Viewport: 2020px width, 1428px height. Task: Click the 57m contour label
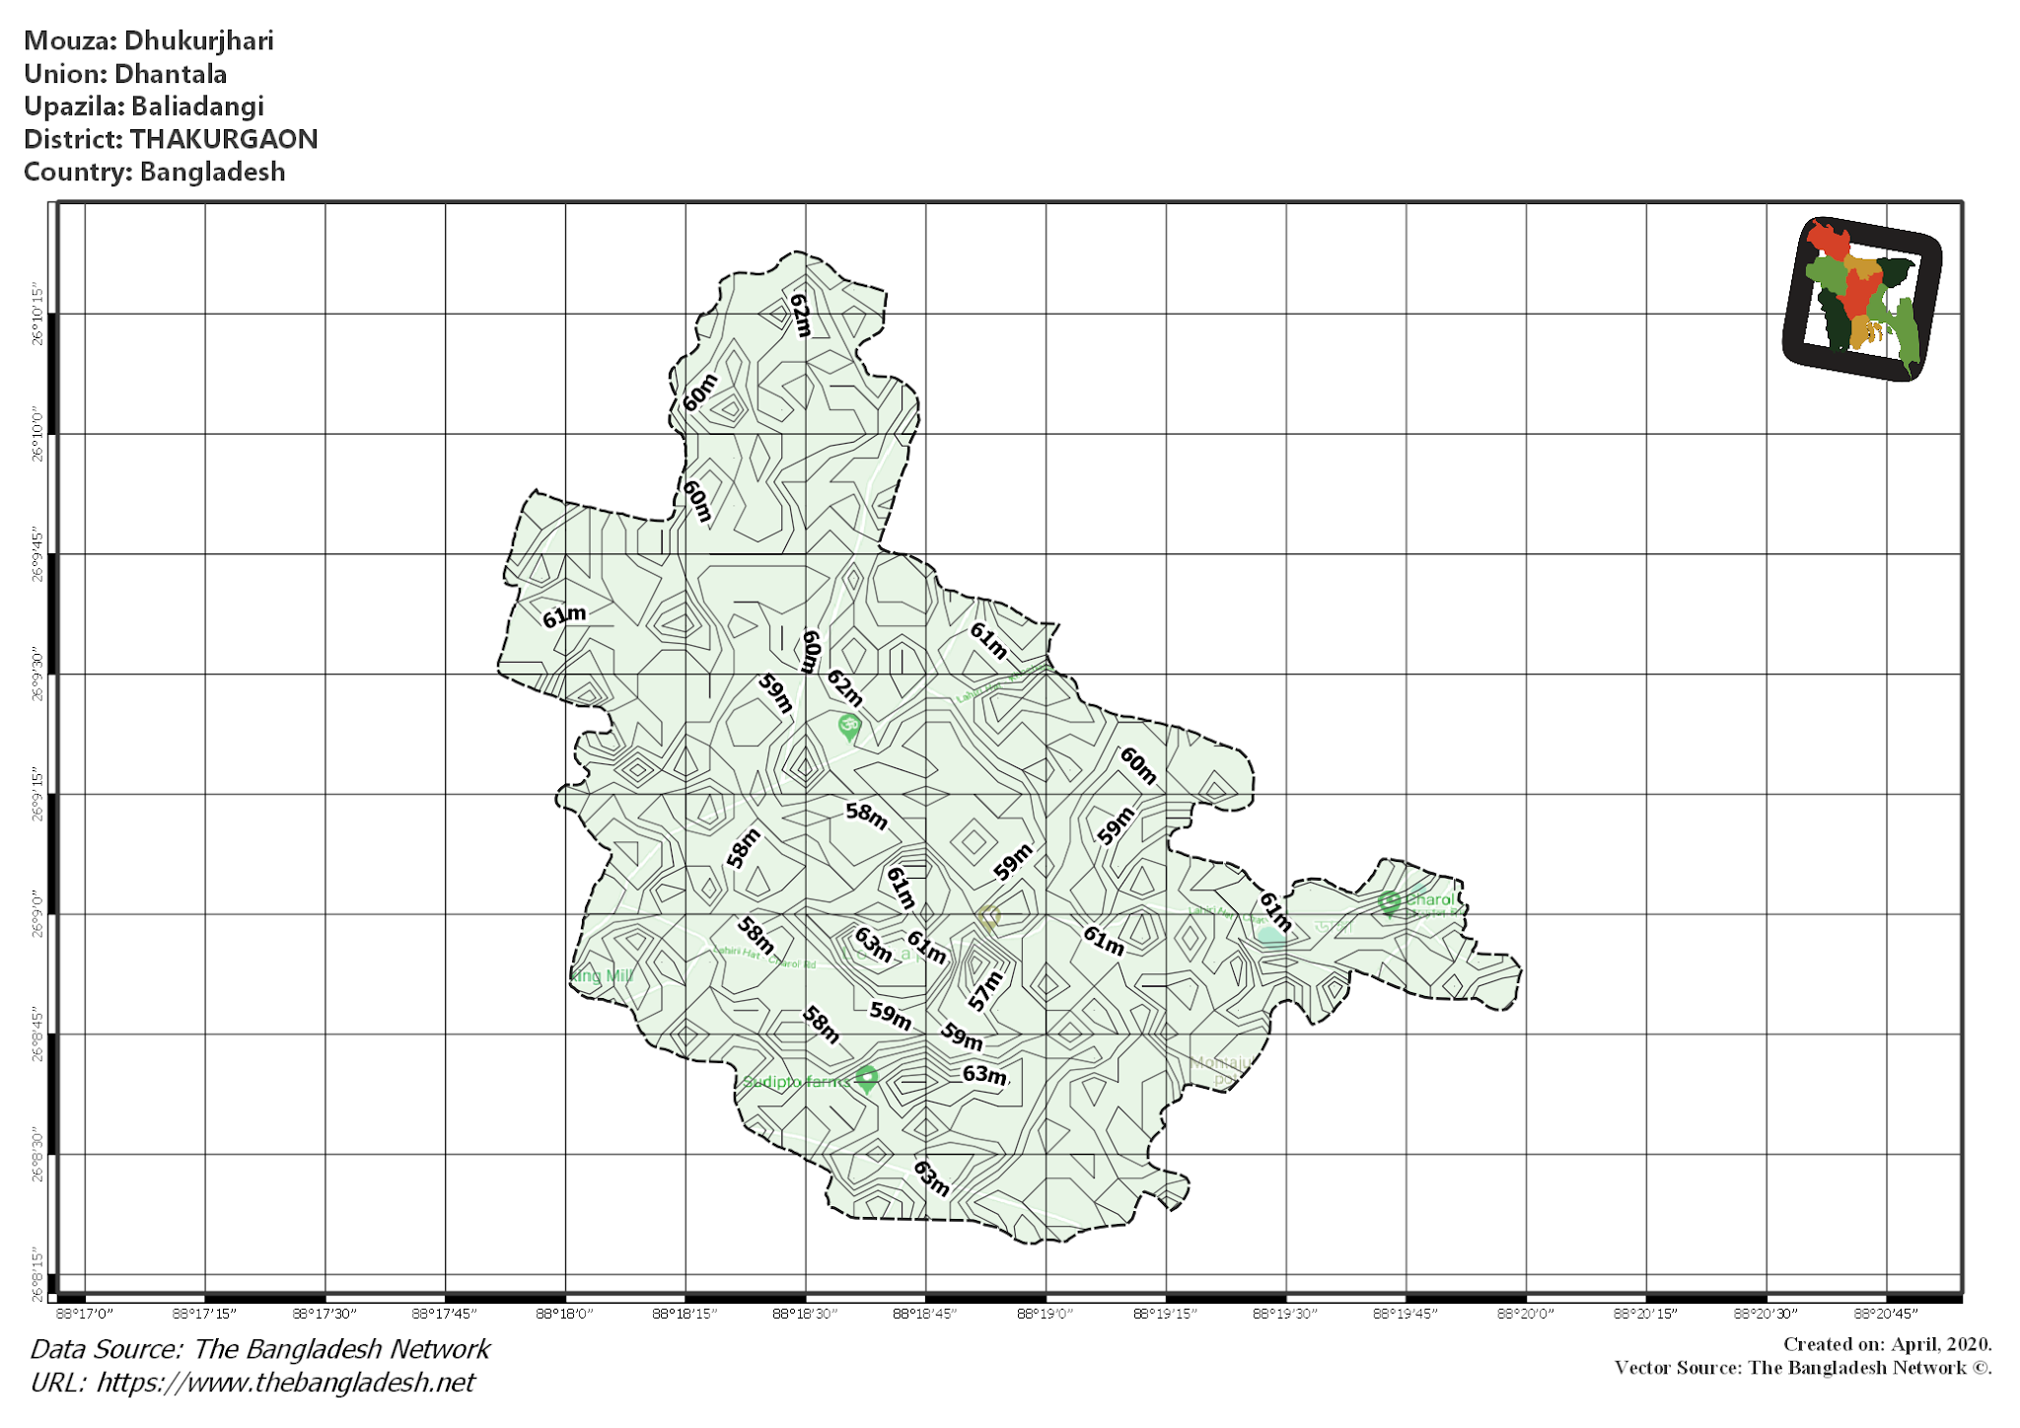985,990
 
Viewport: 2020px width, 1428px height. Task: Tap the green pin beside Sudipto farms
867,1079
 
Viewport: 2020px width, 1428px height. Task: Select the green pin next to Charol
1389,901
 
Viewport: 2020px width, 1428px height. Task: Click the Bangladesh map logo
1862,299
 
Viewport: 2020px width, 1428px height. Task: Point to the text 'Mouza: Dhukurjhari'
149,40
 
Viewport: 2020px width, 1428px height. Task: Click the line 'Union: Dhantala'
125,74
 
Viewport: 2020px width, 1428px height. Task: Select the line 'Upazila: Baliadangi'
144,107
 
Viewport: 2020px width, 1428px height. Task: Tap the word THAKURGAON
224,139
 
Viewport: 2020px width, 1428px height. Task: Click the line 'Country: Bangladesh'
155,172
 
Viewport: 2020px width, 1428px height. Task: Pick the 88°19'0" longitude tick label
1046,1314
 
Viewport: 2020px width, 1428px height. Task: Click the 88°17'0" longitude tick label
85,1314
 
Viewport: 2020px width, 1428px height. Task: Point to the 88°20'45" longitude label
1886,1314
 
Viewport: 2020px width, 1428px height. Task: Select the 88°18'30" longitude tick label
805,1314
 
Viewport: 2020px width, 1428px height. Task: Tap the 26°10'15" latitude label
38,315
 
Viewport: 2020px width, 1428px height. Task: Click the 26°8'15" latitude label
38,1274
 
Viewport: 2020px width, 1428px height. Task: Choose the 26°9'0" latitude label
38,914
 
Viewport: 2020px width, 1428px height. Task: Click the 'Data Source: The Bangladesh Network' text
260,1349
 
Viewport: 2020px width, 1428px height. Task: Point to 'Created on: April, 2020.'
1887,1344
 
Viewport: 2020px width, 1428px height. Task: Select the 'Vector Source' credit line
1803,1368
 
